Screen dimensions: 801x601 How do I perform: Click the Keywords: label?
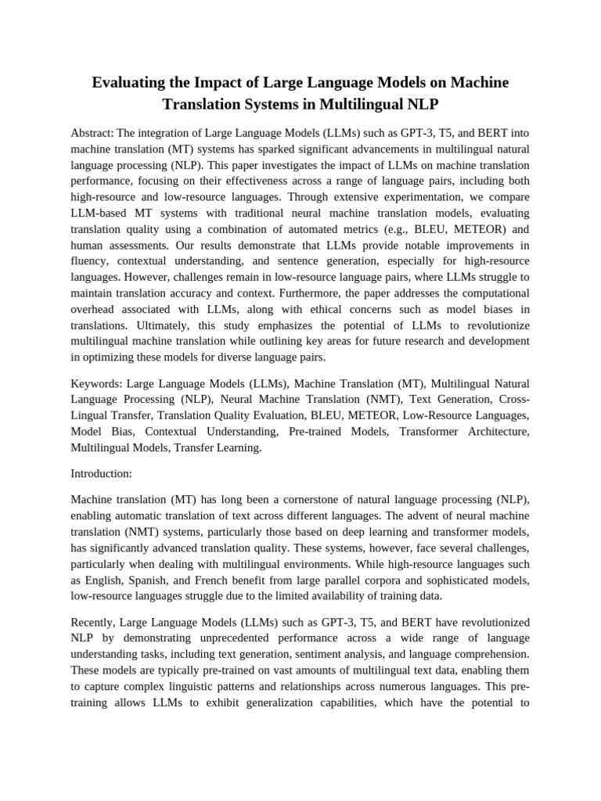tap(96, 383)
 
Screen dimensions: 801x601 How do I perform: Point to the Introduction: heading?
tap(102, 473)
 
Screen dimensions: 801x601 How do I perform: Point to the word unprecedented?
tap(241, 639)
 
